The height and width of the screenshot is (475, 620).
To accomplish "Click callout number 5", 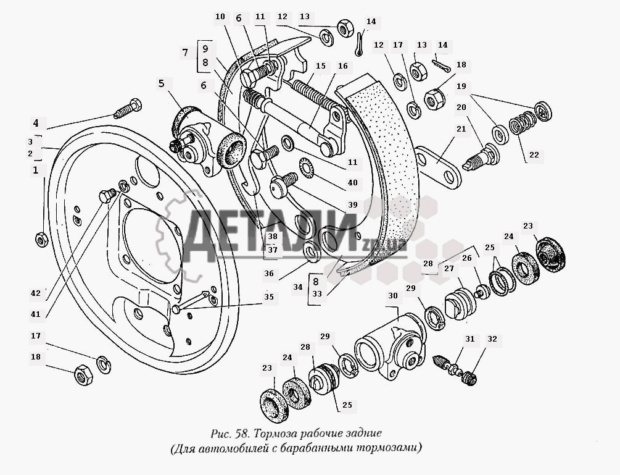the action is pos(162,83).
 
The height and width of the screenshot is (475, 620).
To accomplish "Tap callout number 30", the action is pos(392,296).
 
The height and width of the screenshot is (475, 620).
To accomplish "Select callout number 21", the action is pos(461,128).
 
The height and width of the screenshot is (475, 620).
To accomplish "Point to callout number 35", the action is pos(269,297).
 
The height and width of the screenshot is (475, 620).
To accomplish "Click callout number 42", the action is pos(36,293).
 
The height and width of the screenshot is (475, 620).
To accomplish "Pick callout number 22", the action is pos(534,155).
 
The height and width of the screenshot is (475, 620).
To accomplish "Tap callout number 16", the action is pos(343,65).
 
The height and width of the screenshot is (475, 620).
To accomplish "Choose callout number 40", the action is pos(352,182).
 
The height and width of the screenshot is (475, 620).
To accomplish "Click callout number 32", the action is pos(492,339).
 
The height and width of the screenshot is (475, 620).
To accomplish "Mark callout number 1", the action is pos(36,170).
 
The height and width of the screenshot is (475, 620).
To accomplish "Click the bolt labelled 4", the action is pos(128,108).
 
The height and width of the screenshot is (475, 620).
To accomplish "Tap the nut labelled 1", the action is pos(41,239).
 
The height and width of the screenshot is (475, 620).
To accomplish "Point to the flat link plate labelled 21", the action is pos(438,166).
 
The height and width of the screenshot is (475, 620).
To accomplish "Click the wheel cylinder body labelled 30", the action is pos(389,345).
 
